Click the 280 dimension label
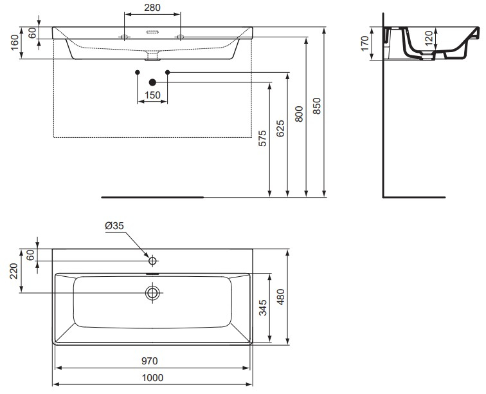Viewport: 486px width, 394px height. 152,8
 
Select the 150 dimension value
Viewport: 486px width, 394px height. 152,95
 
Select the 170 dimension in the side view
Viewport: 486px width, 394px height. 364,43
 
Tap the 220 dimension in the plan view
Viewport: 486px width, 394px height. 14,270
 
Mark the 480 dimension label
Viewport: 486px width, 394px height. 281,295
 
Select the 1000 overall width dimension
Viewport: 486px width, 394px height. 152,378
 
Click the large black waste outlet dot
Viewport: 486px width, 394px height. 152,82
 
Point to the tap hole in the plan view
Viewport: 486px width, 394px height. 152,261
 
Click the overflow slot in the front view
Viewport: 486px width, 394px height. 152,31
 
